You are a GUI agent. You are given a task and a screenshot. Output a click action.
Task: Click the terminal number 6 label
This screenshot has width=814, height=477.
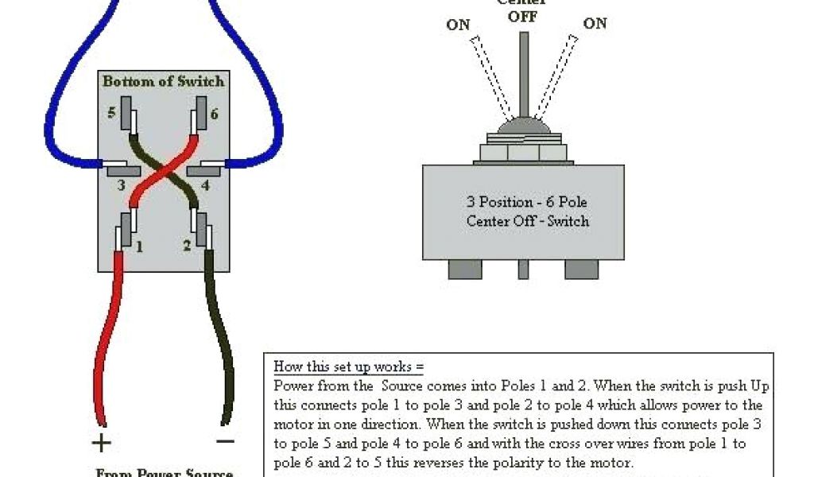tap(214, 114)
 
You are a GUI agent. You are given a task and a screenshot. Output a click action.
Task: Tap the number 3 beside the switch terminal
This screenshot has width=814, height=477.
tap(121, 185)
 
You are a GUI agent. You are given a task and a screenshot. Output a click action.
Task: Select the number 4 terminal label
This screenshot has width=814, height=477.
tap(205, 186)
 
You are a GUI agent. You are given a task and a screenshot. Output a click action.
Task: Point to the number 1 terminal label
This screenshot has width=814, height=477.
tap(139, 246)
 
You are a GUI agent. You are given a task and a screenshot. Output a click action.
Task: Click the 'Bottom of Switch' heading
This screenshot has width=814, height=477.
tap(163, 81)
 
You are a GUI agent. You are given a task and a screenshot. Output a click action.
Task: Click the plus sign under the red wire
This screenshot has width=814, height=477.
tap(103, 441)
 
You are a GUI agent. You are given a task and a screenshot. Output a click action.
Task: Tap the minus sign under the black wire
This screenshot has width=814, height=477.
tap(225, 440)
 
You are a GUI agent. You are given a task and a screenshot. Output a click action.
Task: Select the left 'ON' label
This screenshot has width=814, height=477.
tap(458, 25)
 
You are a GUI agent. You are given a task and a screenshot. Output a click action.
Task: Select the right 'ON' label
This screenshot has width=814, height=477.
tap(595, 23)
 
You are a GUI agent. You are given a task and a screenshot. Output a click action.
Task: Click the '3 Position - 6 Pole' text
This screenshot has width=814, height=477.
tap(527, 202)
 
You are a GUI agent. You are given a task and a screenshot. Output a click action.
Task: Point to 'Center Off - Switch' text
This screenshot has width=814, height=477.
tap(528, 220)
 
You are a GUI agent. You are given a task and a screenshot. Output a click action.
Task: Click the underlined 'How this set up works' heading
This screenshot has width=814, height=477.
tap(349, 366)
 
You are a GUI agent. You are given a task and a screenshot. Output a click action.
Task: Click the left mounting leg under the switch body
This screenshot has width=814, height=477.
tap(465, 269)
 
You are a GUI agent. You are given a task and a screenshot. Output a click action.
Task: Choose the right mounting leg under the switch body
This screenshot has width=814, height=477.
tap(581, 269)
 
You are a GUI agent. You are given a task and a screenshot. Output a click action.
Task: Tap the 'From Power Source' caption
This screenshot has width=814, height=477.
tap(165, 472)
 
